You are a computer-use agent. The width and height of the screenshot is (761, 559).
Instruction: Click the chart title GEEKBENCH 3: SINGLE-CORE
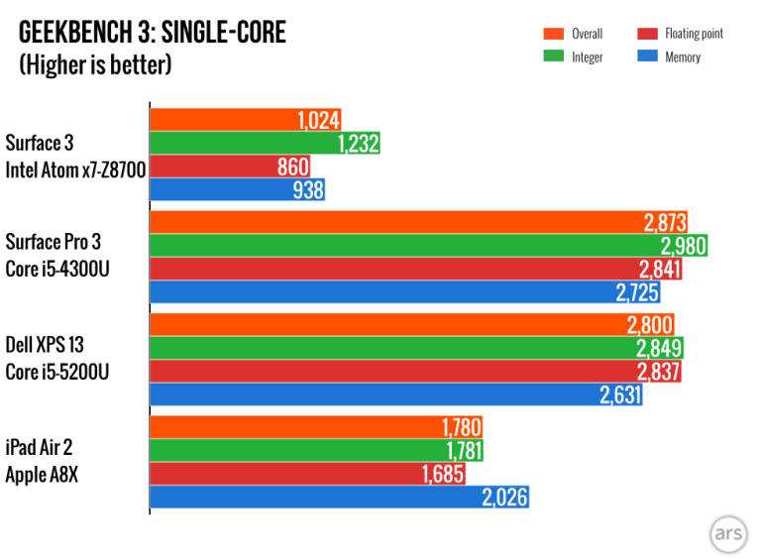coord(152,33)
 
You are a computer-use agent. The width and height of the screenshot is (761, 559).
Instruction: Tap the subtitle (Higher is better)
coord(95,65)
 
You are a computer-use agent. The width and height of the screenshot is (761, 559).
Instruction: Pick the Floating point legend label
coord(695,34)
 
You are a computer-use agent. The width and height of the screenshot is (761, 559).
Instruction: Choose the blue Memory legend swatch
coord(648,56)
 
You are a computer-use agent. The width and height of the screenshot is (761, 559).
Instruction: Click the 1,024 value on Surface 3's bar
coord(318,121)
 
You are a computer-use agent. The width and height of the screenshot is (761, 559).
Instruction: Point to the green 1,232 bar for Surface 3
coord(265,144)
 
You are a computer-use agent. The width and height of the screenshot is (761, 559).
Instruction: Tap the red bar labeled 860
coord(230,168)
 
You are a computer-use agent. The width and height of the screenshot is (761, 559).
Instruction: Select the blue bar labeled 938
coord(238,190)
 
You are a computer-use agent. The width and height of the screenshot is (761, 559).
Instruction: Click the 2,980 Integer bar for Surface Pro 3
coord(428,246)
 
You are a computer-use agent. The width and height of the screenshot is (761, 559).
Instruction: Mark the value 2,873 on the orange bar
coord(663,223)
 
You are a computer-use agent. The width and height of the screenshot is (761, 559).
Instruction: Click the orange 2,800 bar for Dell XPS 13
coord(411,325)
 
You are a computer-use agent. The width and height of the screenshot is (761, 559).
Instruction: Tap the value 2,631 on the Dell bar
coord(619,394)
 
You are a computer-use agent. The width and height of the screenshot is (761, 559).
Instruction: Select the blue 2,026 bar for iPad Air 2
coord(338,497)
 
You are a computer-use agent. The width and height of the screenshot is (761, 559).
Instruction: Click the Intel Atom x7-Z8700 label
coord(75,169)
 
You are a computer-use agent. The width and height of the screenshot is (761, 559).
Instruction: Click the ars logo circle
coord(727,533)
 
